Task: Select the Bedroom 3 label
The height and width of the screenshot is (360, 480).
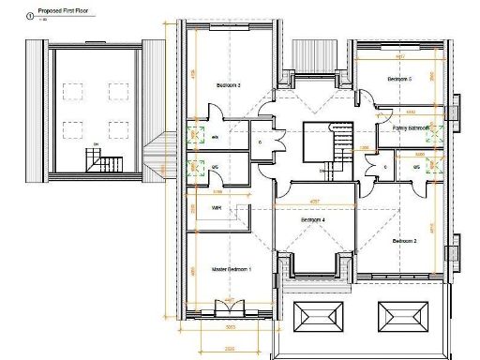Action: coord(229,85)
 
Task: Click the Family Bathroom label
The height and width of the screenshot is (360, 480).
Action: coord(411,127)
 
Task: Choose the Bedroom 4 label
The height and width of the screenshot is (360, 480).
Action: coord(312,219)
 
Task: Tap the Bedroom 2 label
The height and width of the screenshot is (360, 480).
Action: coord(404,241)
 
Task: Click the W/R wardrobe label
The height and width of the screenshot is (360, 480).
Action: coord(216,207)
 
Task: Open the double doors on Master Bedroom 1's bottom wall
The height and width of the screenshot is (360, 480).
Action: coord(228,307)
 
